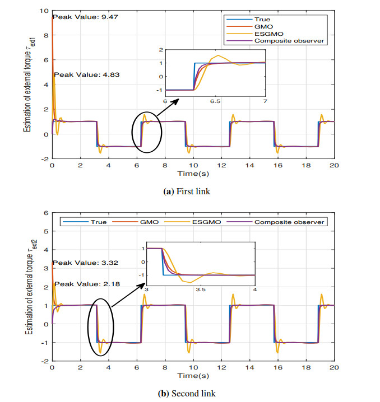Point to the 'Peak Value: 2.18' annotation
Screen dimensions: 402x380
tap(83, 285)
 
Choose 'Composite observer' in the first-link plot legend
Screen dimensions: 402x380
tap(282, 40)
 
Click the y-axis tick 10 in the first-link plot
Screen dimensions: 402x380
tap(43, 11)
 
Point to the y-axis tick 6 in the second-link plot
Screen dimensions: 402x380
tap(45, 213)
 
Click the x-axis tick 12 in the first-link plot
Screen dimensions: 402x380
tap(221, 166)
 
